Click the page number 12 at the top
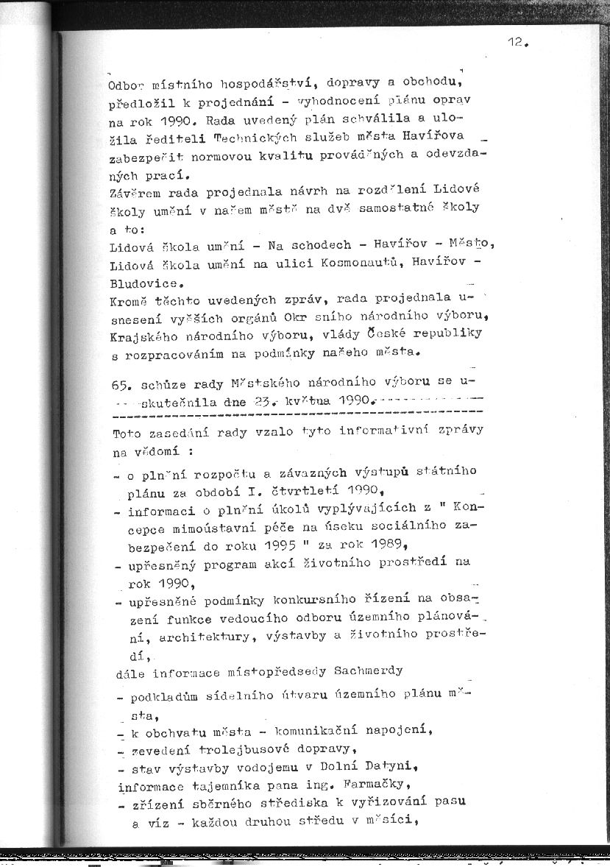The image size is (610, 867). [x=514, y=43]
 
